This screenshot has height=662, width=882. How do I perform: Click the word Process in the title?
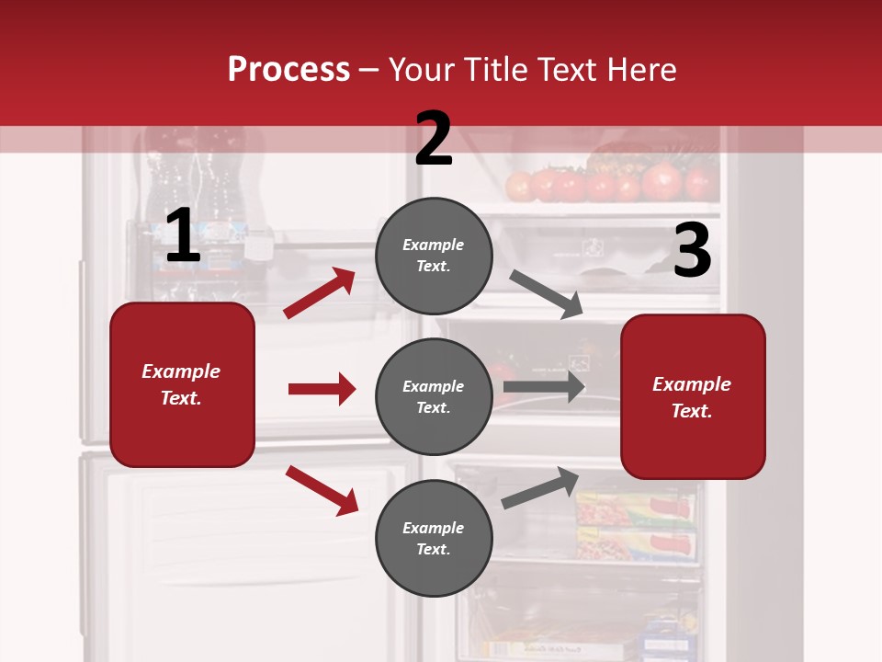tap(288, 70)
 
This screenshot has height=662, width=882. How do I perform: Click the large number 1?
tap(183, 236)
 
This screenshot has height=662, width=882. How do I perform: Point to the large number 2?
tap(434, 139)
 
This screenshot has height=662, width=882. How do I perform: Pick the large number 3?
tap(693, 250)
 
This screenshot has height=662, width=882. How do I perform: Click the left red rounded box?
tap(182, 384)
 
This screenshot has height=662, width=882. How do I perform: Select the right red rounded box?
tap(693, 396)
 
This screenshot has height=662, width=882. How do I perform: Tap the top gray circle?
tap(434, 256)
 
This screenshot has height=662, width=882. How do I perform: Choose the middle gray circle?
tap(434, 396)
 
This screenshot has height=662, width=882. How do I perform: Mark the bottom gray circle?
tap(434, 538)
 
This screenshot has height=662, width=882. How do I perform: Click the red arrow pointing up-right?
tap(320, 293)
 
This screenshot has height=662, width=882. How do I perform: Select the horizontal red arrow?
tap(322, 389)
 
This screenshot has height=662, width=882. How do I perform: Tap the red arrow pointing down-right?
tap(322, 490)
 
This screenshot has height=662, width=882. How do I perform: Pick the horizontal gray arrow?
tap(544, 387)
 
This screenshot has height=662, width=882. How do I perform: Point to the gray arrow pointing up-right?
tap(540, 487)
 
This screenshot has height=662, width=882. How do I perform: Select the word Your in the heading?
tap(422, 70)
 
